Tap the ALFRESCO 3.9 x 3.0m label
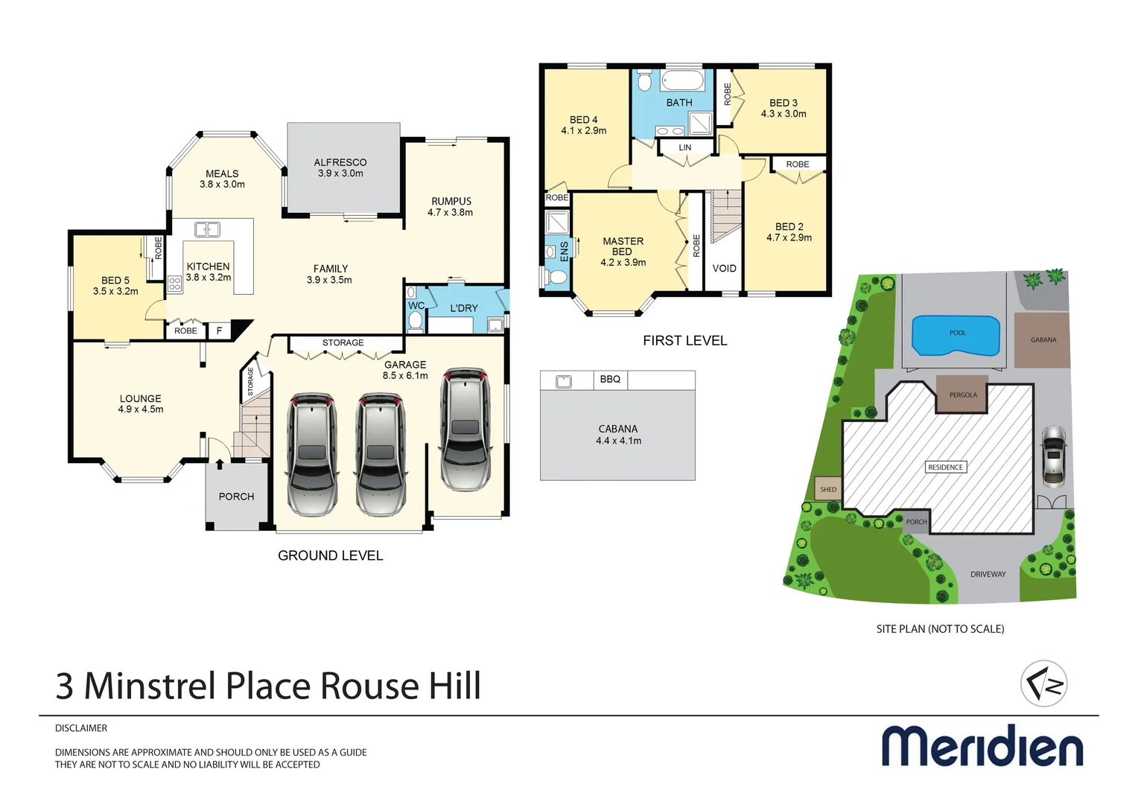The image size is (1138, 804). click(340, 167)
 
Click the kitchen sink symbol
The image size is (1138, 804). click(207, 229)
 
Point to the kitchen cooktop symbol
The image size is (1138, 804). click(174, 284)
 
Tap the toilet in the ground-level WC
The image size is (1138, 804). click(416, 320)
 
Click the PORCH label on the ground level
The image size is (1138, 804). click(236, 497)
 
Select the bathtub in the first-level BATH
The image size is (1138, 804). click(681, 80)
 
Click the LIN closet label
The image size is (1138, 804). click(684, 147)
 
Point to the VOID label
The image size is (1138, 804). click(724, 268)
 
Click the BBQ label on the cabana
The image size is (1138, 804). click(610, 380)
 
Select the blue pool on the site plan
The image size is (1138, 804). click(956, 336)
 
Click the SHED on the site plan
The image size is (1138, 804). click(828, 489)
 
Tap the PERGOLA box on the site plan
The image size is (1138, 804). click(962, 395)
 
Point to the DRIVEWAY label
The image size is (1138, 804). click(988, 574)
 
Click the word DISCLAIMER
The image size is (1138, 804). click(81, 728)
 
